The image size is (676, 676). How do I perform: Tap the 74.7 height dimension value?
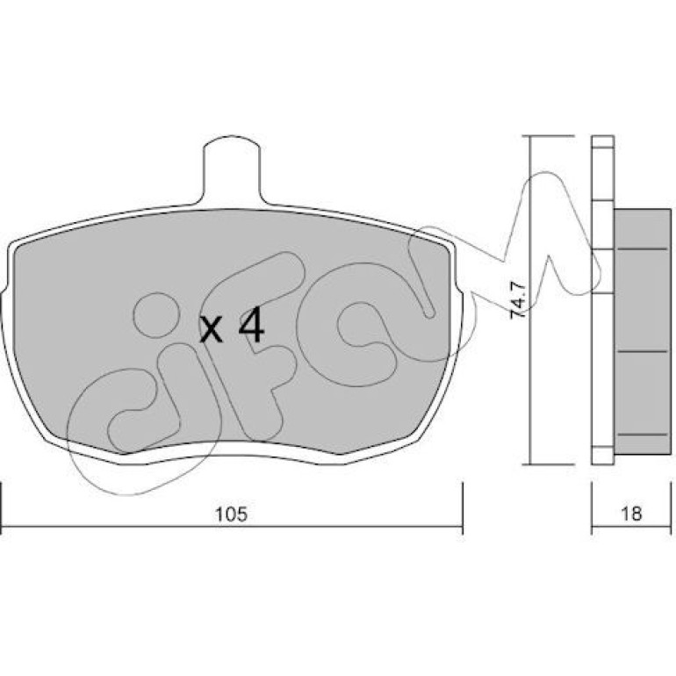coord(517,300)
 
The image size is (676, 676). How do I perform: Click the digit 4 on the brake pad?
coord(251,327)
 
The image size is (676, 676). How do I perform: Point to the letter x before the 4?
coord(212,331)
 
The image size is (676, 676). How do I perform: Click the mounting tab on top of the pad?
coord(232,169)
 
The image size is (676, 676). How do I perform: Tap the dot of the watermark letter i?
coord(156,314)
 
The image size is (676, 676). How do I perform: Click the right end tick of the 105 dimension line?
coord(463,502)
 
